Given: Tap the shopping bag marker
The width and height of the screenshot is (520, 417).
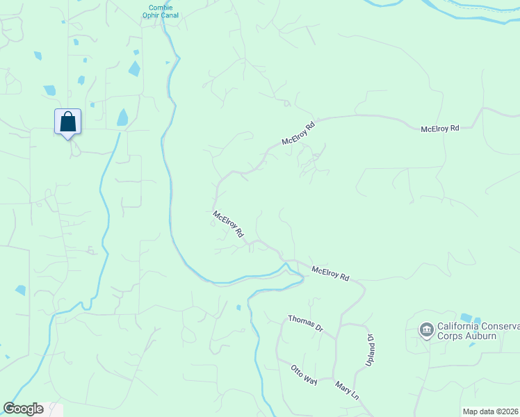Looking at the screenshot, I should (68, 122).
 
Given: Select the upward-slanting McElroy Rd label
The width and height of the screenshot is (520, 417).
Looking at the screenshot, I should (298, 133).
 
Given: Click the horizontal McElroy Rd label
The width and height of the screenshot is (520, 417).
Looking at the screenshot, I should (440, 129).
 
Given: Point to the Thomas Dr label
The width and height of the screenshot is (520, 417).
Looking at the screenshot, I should (307, 322).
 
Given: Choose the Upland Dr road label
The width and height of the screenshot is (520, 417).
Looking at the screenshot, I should (371, 351).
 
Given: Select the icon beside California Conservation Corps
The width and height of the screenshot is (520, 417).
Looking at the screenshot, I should (425, 329).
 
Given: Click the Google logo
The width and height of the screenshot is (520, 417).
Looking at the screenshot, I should (23, 409).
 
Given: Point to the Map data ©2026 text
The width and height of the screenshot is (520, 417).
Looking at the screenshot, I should (491, 411).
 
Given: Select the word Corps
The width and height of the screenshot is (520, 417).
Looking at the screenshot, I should (450, 336).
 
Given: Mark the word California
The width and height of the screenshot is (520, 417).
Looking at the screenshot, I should (459, 327).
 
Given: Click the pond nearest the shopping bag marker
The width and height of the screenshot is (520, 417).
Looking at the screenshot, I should (122, 117).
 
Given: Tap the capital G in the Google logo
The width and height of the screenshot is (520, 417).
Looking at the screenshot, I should (9, 409).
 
